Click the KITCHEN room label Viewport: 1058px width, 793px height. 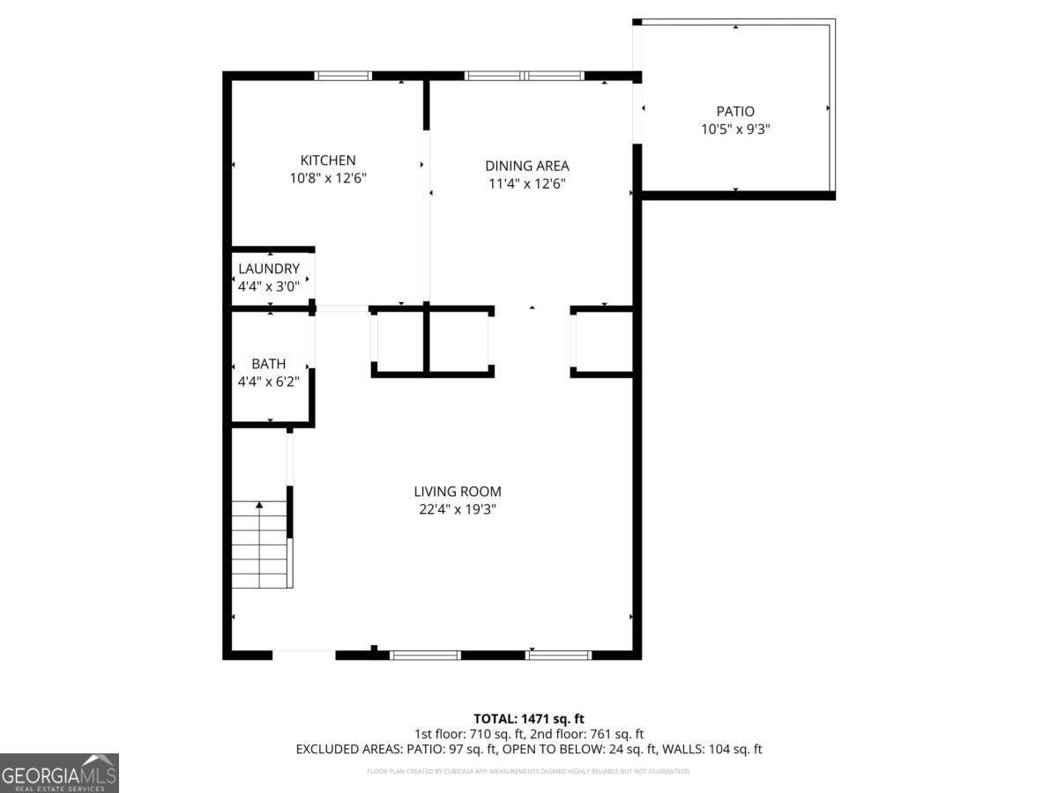coord(328,160)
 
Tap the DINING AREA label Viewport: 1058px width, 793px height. coord(526,166)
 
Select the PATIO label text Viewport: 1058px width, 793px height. coord(734,112)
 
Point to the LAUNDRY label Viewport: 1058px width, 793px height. coord(269,269)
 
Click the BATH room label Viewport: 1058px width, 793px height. coord(269,364)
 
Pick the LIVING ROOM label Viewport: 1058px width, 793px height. coord(458,492)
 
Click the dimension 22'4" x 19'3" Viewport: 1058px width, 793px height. coord(458,510)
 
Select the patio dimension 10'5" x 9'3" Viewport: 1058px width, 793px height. coord(734,130)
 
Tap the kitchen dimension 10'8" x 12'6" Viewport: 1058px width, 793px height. coord(328,178)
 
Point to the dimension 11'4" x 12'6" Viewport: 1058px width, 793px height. coord(526,184)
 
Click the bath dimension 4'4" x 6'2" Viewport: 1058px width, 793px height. coord(269,382)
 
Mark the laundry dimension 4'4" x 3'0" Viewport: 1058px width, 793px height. coord(269,286)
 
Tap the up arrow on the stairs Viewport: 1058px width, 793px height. coord(259,506)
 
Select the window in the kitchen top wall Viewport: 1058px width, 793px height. coord(343,76)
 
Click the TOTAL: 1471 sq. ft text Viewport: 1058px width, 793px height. coord(529,719)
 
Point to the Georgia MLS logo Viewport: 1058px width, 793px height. coord(59,773)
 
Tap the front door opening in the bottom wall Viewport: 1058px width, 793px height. coord(303,655)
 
